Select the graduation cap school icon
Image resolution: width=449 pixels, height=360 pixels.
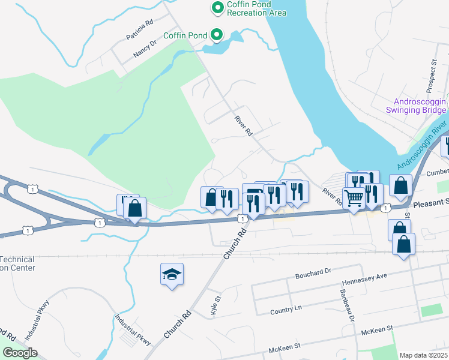click(x=172, y=275)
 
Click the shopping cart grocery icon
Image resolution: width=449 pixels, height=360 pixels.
click(x=354, y=198)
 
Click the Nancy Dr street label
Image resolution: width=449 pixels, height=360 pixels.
click(x=145, y=48)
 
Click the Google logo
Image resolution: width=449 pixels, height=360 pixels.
click(x=19, y=352)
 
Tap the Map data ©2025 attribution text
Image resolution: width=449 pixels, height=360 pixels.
click(x=424, y=355)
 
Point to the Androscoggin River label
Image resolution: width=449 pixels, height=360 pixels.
click(x=423, y=146)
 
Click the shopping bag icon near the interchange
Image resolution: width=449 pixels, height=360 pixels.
click(x=135, y=209)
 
